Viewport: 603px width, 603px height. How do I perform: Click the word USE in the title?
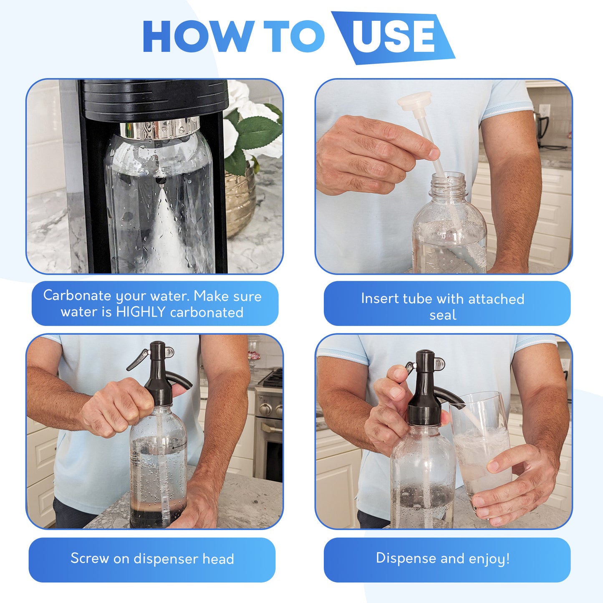(x=394, y=37)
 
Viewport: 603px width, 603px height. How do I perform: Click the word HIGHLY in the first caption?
(x=141, y=312)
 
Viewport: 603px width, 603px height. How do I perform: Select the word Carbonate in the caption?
(x=77, y=295)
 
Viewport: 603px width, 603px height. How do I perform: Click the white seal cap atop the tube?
(x=414, y=101)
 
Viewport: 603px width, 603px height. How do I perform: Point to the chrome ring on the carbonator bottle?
(x=160, y=128)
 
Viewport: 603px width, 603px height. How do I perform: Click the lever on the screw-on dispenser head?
(x=138, y=360)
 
